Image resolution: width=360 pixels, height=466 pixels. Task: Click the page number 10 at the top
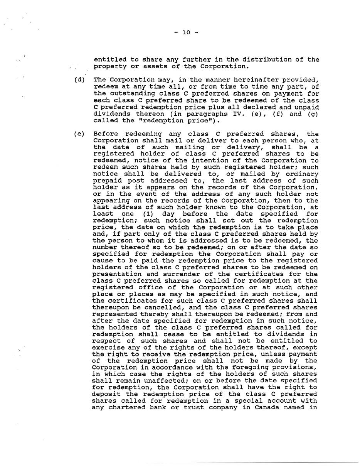click(186, 32)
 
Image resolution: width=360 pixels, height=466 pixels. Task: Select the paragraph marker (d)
click(79, 80)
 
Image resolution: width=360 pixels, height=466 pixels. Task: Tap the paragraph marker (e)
click(79, 134)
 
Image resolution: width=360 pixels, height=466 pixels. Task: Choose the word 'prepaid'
click(108, 181)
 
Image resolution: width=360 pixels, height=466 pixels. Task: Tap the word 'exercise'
click(109, 348)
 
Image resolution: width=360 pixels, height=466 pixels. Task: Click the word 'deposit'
click(106, 394)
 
